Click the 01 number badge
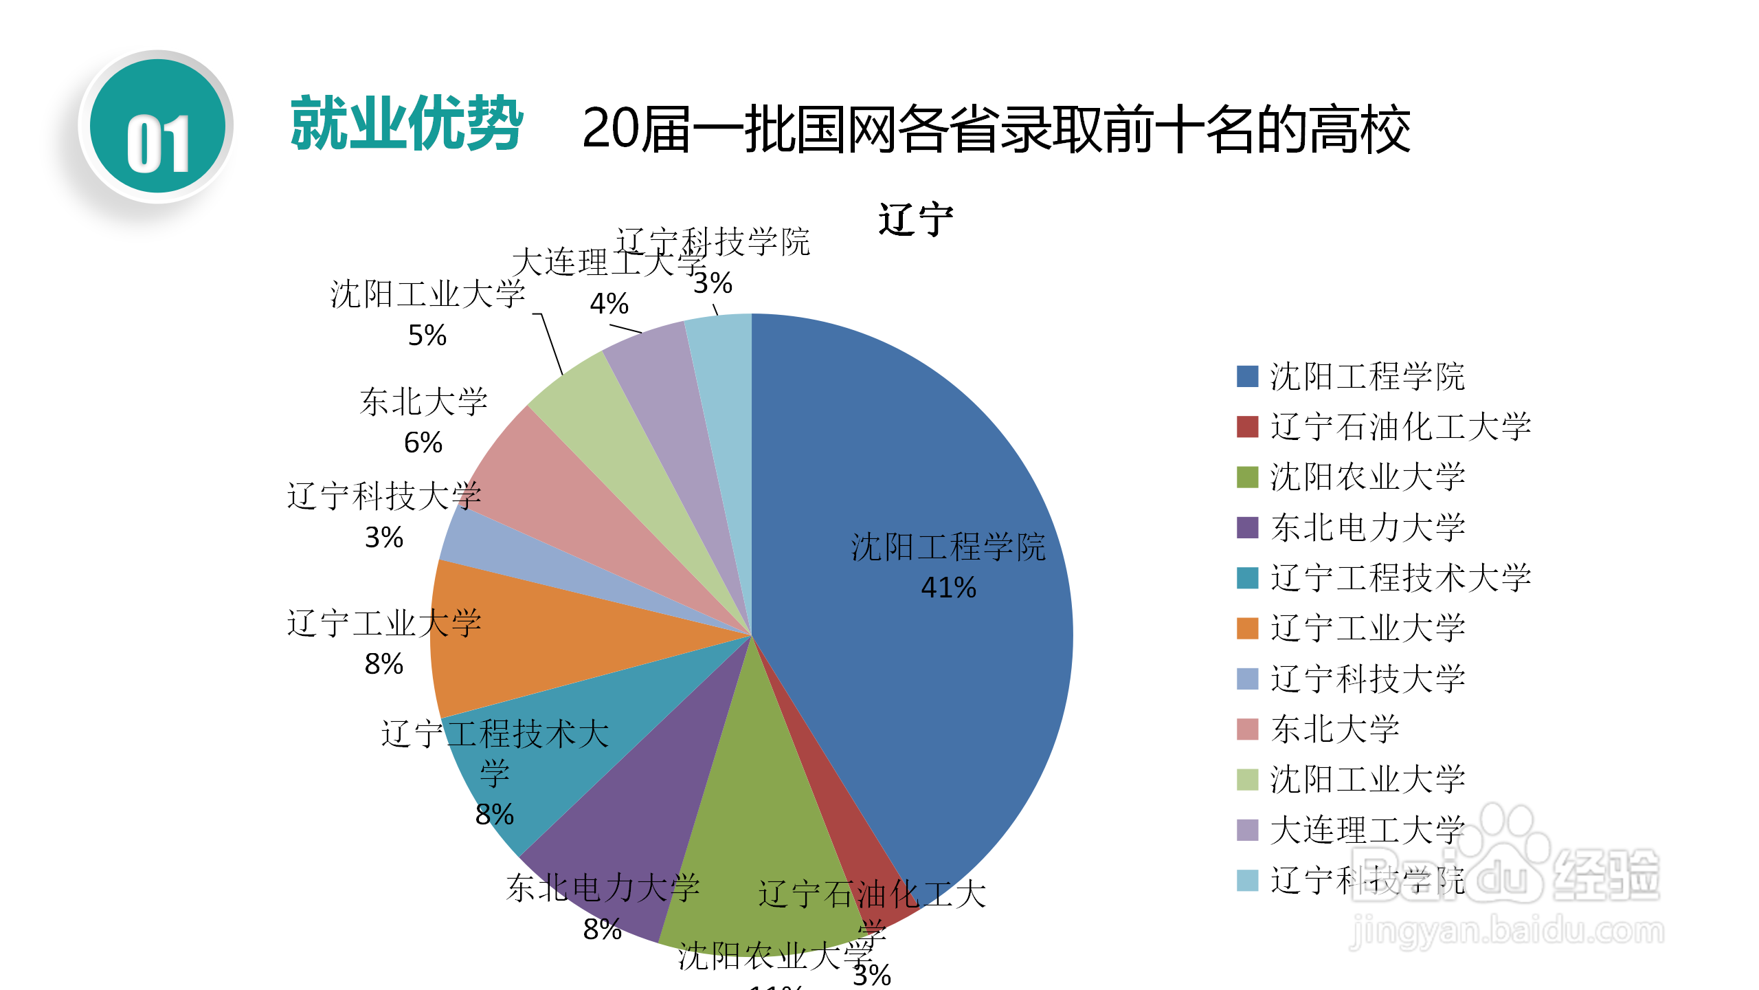pos(157,127)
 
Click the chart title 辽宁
pos(915,220)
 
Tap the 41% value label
pos(948,588)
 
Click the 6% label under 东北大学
pos(423,443)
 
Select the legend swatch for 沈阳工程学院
pos(1247,377)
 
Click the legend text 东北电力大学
pos(1367,527)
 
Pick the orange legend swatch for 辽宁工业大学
pos(1247,628)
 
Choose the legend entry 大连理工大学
pos(1367,830)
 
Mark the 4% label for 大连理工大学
pos(609,304)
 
